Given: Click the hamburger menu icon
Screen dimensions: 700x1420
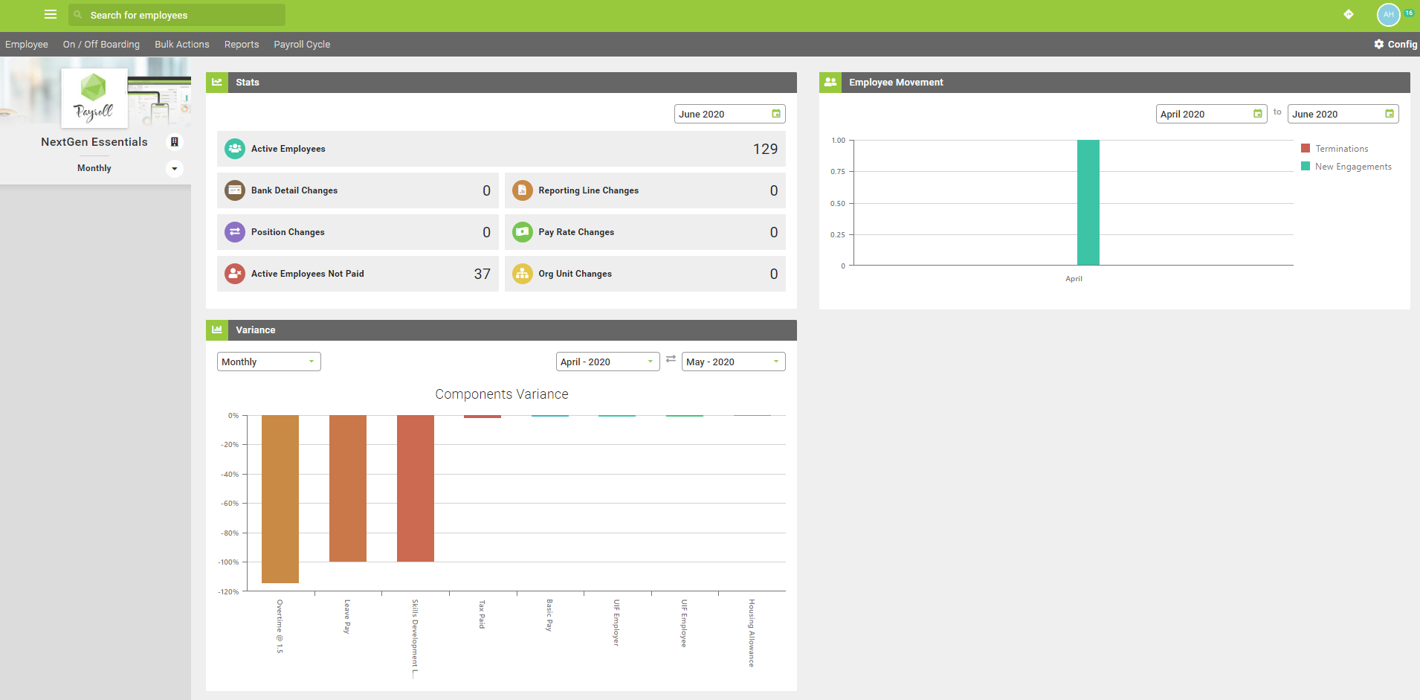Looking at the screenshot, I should point(51,14).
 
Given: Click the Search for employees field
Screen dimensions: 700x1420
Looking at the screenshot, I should point(177,15).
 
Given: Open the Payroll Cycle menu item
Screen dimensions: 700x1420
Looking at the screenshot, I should point(302,45).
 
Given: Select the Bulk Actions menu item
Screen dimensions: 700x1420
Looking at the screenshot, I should point(182,45).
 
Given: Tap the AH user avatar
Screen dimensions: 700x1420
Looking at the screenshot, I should point(1388,15).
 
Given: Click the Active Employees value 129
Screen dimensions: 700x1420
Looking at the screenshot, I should point(765,149).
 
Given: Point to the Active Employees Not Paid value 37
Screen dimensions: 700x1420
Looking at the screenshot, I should point(482,274).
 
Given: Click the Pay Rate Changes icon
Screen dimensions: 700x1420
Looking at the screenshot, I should point(523,232).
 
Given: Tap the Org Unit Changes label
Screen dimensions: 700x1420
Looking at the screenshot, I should point(575,274).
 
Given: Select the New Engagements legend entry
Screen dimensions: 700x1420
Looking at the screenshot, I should point(1352,167).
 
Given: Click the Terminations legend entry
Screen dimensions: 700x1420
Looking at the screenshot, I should point(1341,149).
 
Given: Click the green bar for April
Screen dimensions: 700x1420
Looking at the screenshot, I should point(1088,202).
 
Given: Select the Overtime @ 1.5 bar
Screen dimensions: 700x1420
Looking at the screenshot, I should point(280,498).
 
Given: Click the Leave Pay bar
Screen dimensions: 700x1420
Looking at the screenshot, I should point(348,488).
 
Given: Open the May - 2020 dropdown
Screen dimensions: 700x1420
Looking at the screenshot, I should point(733,362).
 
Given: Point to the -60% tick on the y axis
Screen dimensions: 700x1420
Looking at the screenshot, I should point(229,504).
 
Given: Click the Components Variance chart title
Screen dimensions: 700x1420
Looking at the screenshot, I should point(502,394).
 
